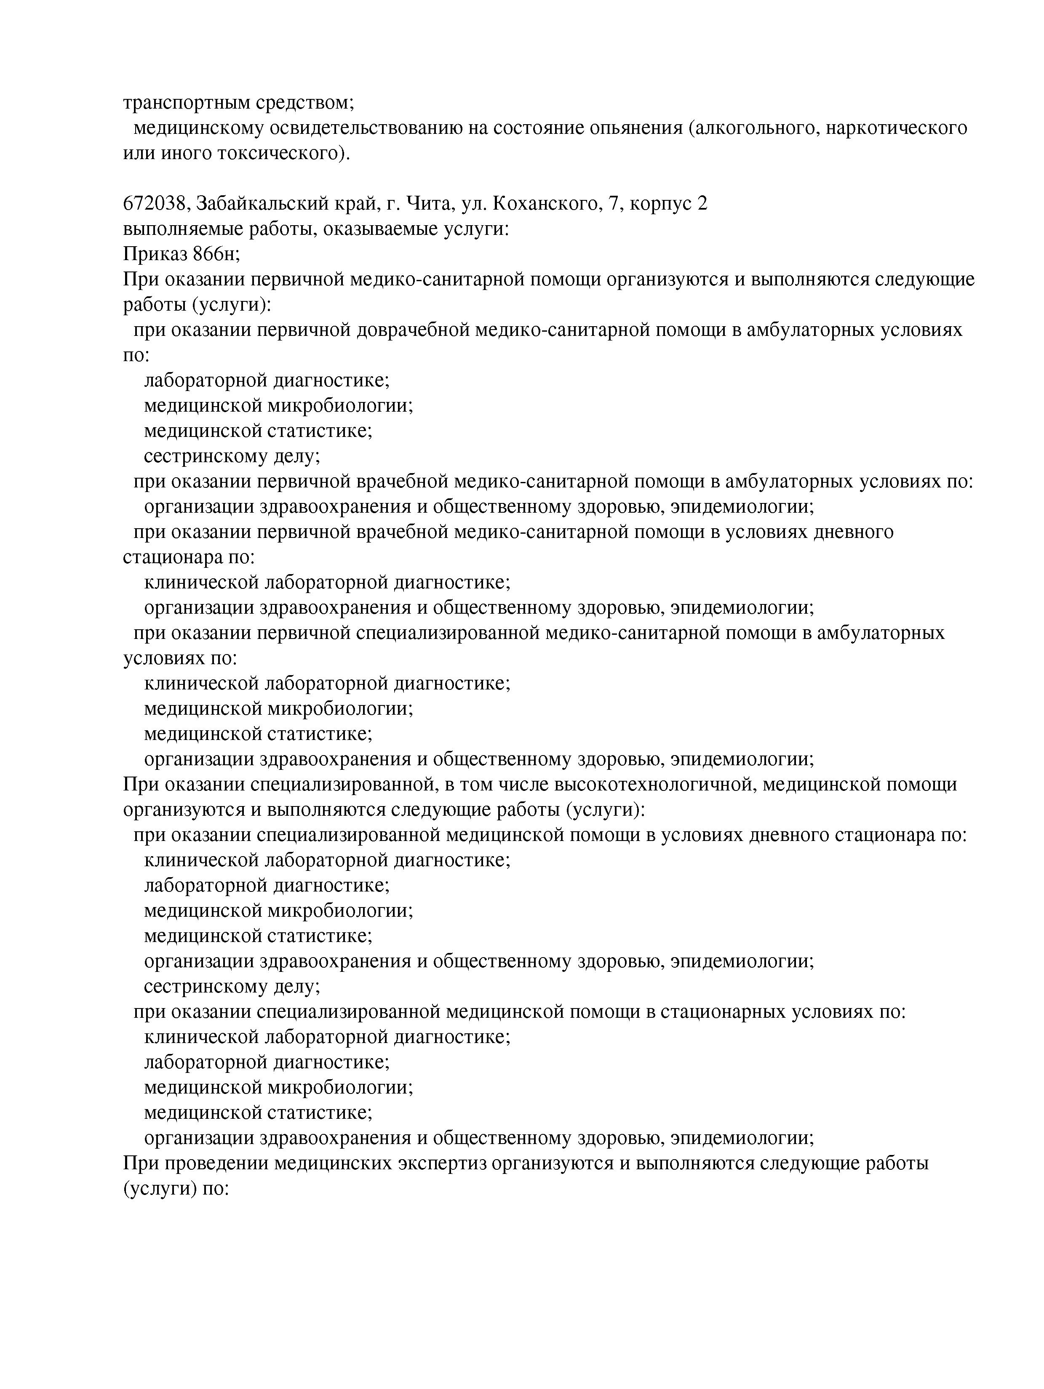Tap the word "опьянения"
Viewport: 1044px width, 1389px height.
630,128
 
